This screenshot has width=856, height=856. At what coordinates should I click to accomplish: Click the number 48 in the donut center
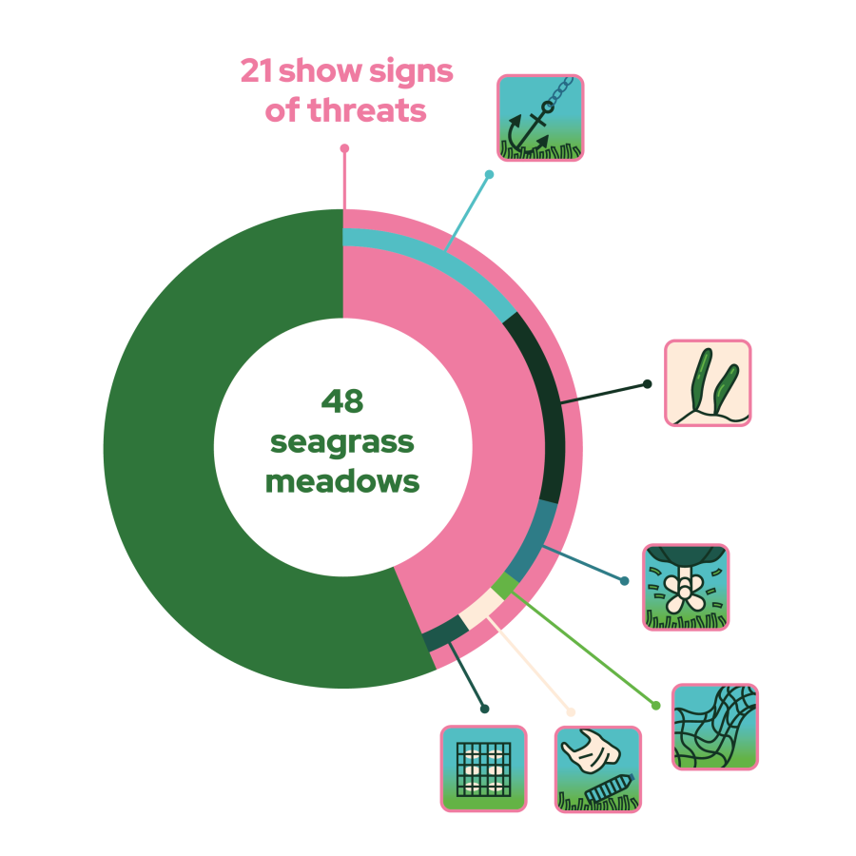pos(342,401)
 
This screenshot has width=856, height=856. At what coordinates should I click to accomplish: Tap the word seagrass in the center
pos(342,443)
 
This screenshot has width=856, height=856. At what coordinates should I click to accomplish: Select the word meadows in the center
pos(342,481)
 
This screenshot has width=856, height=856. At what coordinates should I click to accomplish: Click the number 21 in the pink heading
pos(257,70)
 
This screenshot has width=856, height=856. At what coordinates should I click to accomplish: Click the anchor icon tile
pos(540,118)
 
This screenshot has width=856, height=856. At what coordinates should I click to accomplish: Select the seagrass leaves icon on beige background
pos(708,382)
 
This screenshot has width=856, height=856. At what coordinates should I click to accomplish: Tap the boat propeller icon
pos(686,588)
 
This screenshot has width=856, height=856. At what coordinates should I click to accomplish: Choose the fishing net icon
pos(715,727)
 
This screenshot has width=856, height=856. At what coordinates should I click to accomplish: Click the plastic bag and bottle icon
pos(598,769)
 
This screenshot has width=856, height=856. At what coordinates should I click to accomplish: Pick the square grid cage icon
pos(484,768)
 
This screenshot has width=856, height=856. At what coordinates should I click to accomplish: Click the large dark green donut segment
pos(180,448)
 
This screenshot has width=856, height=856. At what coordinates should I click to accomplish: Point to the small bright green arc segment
pos(505,586)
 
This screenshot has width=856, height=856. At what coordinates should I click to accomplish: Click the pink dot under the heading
pos(344,148)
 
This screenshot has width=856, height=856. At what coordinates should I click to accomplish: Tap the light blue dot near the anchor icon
pos(489,174)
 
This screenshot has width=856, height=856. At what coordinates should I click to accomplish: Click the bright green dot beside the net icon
pos(656,706)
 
